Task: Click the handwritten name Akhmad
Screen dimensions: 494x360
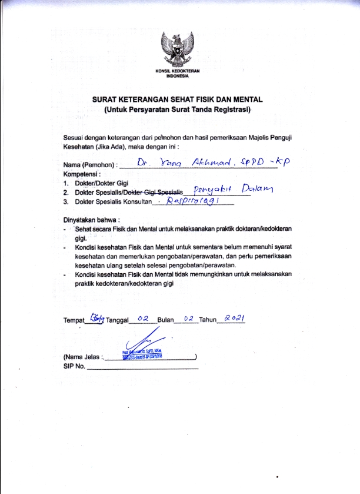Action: pyautogui.click(x=203, y=164)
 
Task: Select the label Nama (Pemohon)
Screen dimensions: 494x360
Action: pyautogui.click(x=90, y=167)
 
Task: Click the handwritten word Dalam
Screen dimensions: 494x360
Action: pyautogui.click(x=254, y=189)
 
